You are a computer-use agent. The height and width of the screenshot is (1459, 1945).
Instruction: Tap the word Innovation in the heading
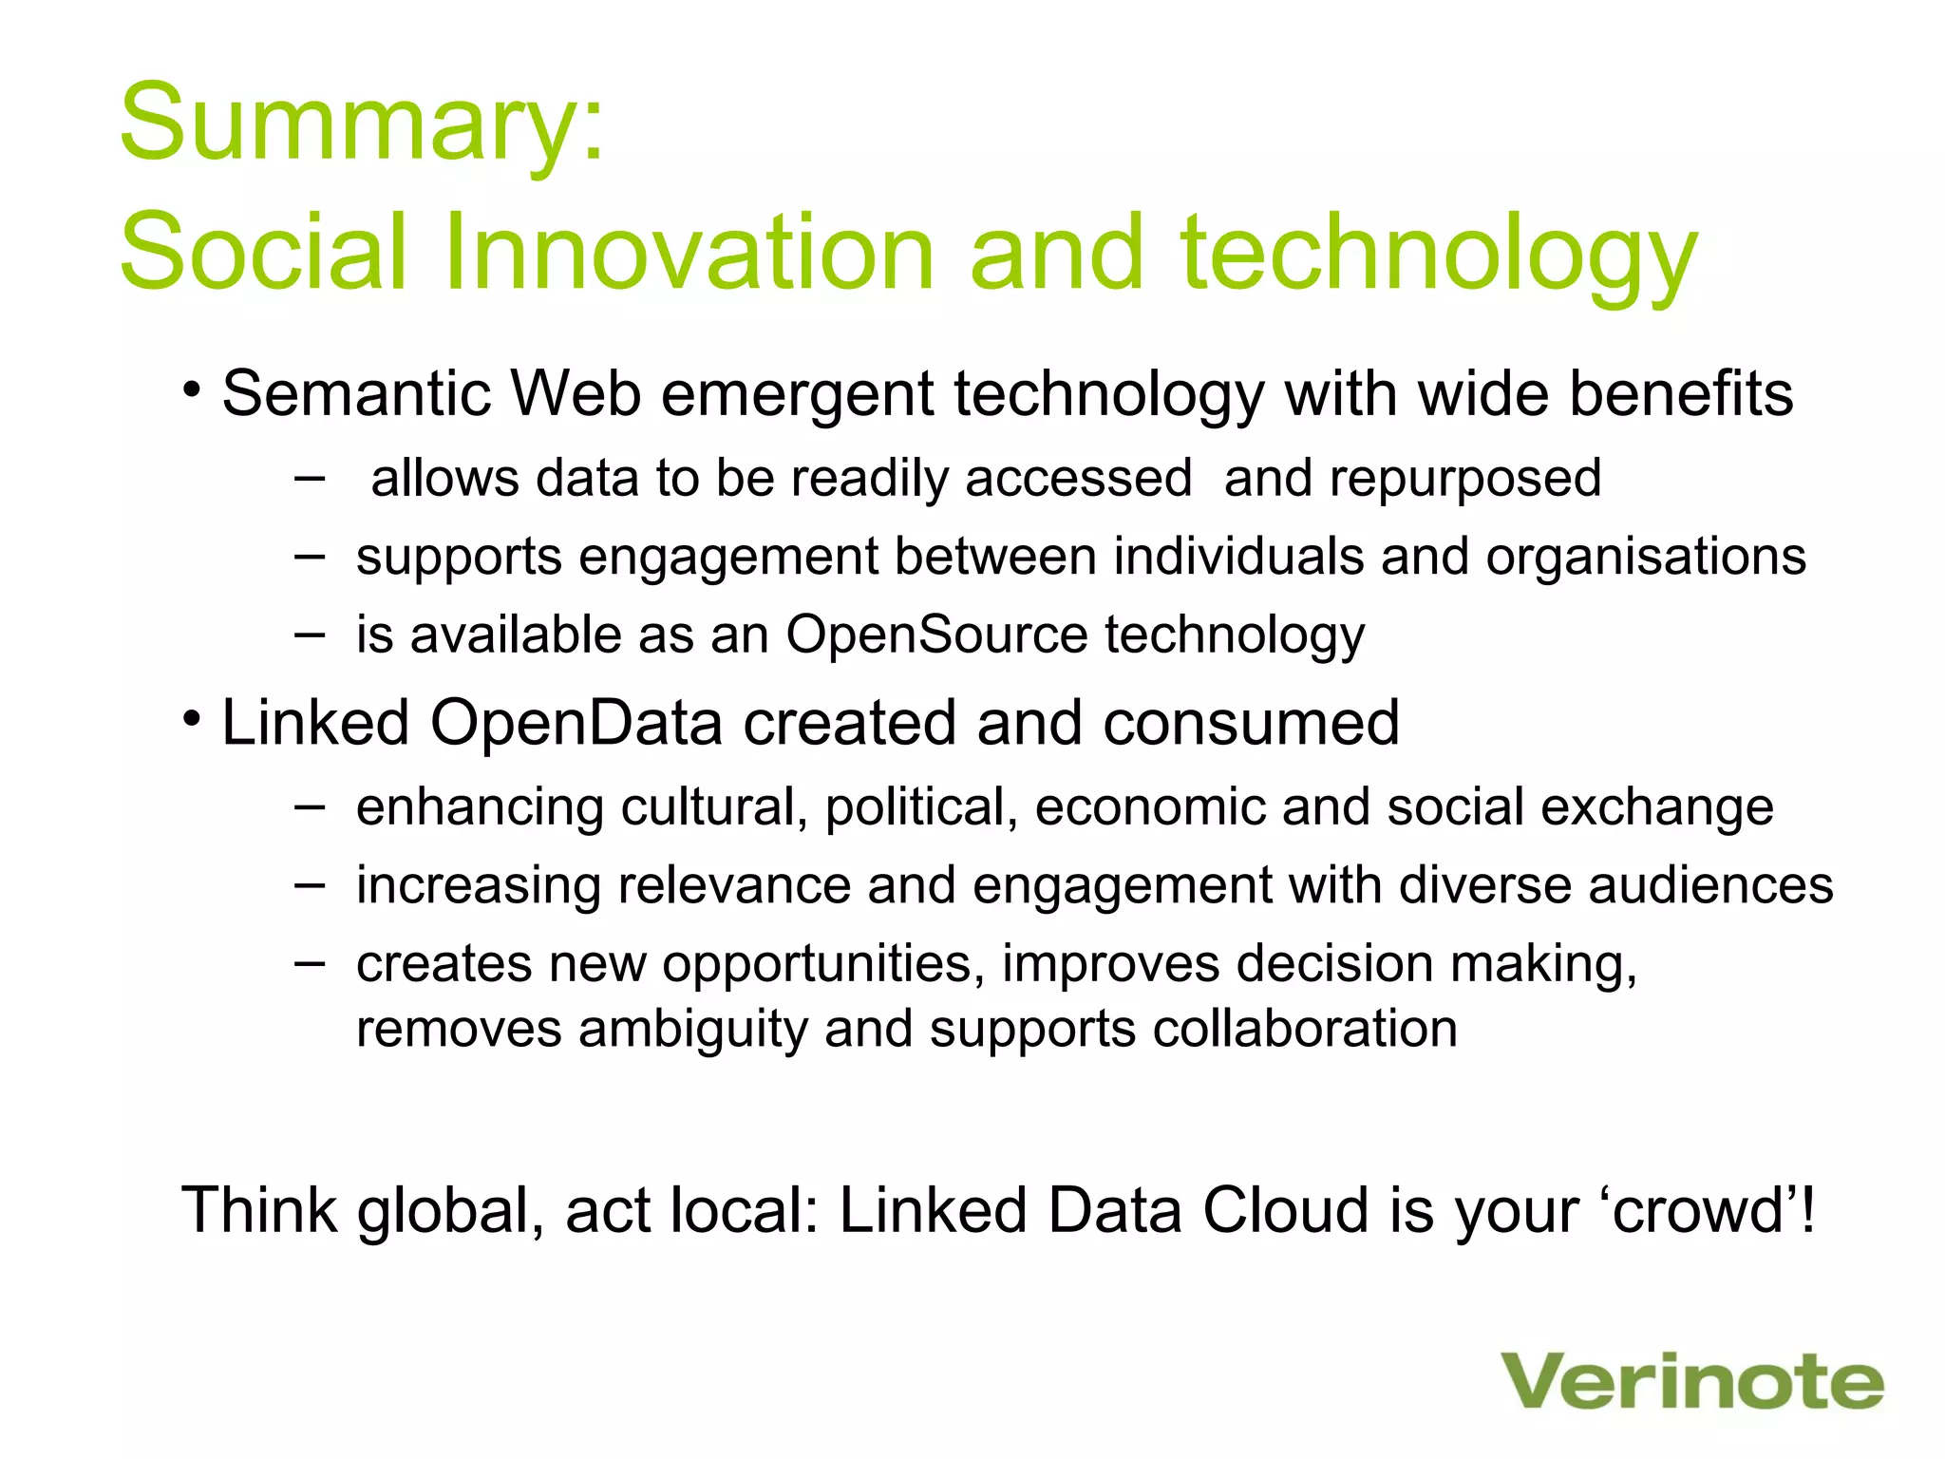coord(689,252)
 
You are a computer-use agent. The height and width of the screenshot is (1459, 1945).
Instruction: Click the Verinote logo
coord(1691,1381)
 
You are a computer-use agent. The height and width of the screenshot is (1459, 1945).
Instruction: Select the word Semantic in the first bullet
coord(356,394)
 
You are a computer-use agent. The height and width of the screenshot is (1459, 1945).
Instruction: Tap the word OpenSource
coord(935,635)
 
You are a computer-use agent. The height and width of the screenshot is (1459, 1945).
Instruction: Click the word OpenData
coord(576,724)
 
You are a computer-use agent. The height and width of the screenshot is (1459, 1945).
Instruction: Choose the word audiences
coord(1710,886)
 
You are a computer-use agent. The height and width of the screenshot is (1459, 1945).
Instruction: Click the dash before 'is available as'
coord(309,633)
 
